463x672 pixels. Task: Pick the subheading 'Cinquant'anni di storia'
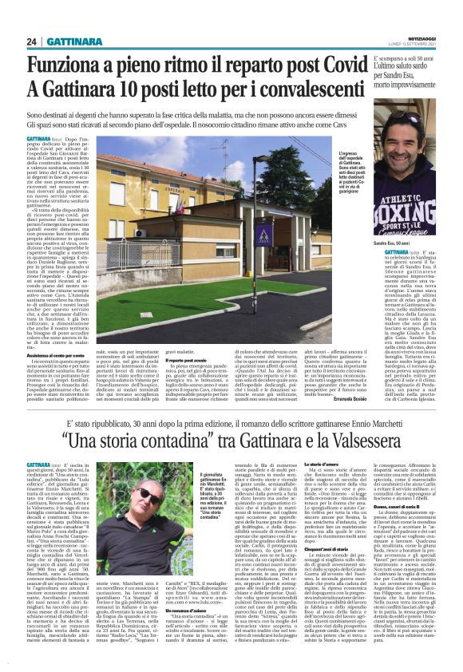[x=283, y=550]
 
